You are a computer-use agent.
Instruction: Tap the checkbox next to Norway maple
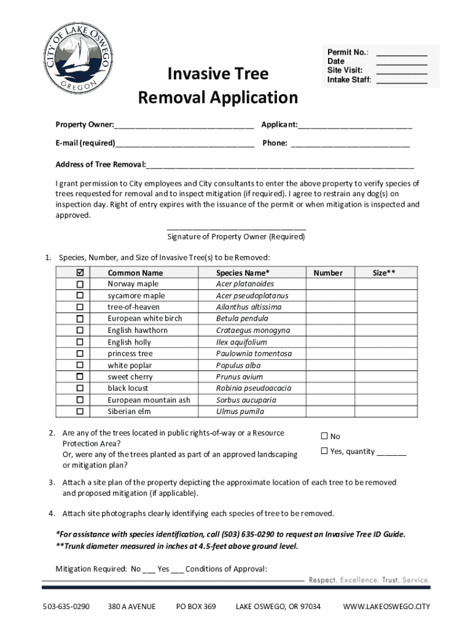80,284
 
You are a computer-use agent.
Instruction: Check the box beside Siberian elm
80,412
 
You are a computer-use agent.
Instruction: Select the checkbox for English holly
80,342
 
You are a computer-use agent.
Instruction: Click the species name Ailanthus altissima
249,307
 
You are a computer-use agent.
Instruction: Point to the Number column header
328,273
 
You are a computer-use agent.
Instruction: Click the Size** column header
384,273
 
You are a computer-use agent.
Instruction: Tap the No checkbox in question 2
324,436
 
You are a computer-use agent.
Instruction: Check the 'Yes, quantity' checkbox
324,452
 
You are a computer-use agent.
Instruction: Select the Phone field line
350,145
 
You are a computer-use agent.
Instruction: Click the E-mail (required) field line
184,145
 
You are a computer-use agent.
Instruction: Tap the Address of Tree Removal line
280,165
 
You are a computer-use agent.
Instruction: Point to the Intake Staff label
349,80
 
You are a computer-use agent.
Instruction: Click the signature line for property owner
236,227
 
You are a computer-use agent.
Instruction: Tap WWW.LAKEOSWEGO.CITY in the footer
386,607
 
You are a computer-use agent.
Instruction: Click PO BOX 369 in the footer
196,607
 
